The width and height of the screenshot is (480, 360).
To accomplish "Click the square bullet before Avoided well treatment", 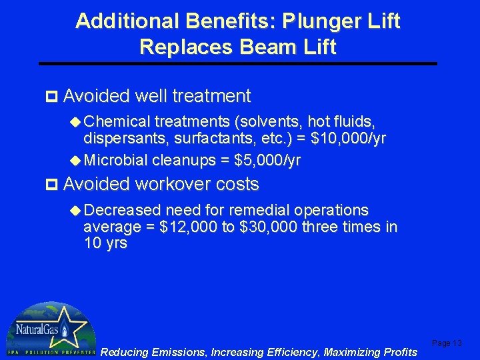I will click(x=55, y=97).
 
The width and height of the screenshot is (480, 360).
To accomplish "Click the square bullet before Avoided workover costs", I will click(x=55, y=184).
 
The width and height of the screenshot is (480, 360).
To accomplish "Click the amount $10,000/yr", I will click(x=349, y=139).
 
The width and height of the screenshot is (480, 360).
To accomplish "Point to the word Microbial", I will click(x=117, y=161).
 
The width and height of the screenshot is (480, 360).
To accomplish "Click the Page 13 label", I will click(x=447, y=343).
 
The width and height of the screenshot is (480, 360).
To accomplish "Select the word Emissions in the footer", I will click(x=178, y=352).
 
